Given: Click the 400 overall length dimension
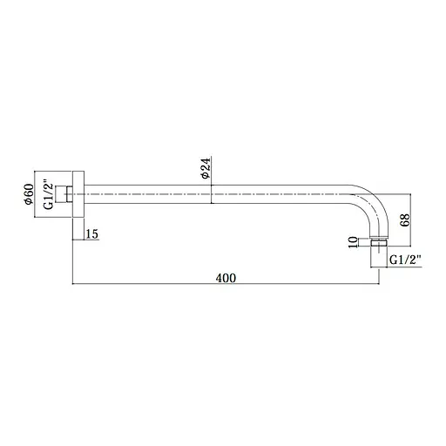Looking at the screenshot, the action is pyautogui.click(x=226, y=278).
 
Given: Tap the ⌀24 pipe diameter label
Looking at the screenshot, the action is pyautogui.click(x=206, y=168).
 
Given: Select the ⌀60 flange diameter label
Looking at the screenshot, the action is pyautogui.click(x=29, y=194).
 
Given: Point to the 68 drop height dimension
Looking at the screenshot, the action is pyautogui.click(x=405, y=220).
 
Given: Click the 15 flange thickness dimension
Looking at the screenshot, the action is pyautogui.click(x=92, y=233).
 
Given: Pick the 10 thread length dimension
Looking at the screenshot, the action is pyautogui.click(x=353, y=242).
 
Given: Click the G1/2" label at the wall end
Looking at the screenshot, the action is pyautogui.click(x=48, y=196).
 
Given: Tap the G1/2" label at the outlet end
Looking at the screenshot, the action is pyautogui.click(x=405, y=260).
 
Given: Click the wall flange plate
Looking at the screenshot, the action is pyautogui.click(x=78, y=194).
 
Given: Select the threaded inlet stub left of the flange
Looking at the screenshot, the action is pyautogui.click(x=66, y=194).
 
